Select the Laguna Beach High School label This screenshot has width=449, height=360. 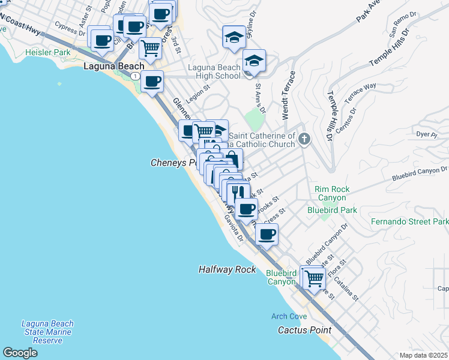214,72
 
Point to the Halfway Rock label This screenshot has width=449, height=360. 228,270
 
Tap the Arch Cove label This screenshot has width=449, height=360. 289,316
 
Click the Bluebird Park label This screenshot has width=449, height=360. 332,210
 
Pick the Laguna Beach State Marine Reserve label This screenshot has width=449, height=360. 47,332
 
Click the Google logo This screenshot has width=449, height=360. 20,353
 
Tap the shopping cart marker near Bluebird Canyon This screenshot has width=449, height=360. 314,278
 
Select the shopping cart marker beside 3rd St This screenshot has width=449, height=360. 150,48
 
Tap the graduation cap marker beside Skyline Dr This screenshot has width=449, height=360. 234,37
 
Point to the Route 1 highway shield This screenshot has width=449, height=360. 137,76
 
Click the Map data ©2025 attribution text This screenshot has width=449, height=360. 423,355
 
